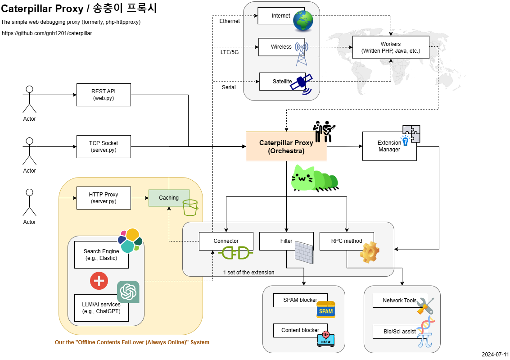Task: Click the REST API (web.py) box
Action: (x=104, y=95)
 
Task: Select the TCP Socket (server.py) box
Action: (x=104, y=146)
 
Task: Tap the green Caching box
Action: (x=169, y=198)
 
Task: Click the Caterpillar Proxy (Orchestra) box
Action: (x=286, y=146)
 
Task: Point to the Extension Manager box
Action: (x=389, y=146)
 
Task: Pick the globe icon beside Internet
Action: (x=303, y=21)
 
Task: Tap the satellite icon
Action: (x=302, y=84)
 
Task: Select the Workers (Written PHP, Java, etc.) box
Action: (x=391, y=47)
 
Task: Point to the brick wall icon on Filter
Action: (x=304, y=253)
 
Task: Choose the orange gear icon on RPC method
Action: (x=370, y=252)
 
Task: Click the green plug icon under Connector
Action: (x=236, y=252)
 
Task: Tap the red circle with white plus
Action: (x=99, y=281)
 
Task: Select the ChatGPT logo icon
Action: (x=128, y=292)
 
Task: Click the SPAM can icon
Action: (x=325, y=310)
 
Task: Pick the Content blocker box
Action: (x=300, y=330)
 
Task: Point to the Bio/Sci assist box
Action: (x=400, y=332)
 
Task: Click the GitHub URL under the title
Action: (x=47, y=33)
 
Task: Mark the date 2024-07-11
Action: (x=495, y=355)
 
